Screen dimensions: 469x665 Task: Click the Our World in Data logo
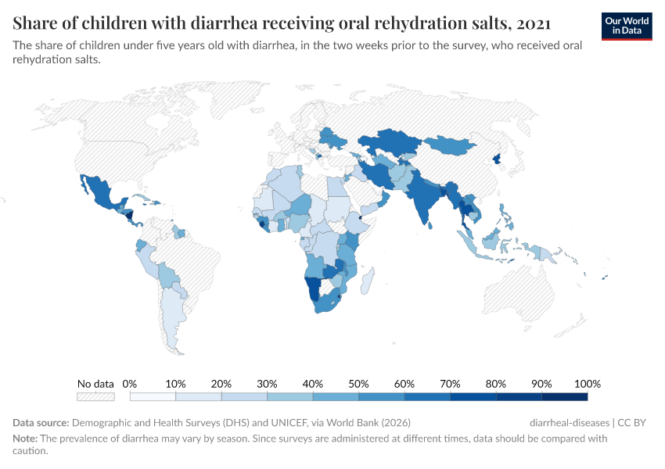pyautogui.click(x=626, y=26)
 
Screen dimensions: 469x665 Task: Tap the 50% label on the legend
pyautogui.click(x=358, y=384)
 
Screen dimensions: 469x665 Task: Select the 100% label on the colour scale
pyautogui.click(x=587, y=384)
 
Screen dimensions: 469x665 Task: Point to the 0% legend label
pyautogui.click(x=130, y=384)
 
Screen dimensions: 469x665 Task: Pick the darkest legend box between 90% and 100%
pyautogui.click(x=564, y=396)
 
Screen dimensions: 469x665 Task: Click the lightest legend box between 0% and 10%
pyautogui.click(x=153, y=396)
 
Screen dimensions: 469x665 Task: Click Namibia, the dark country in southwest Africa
pyautogui.click(x=314, y=290)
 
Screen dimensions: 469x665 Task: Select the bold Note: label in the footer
pyautogui.click(x=26, y=439)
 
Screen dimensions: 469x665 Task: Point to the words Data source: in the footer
pyautogui.click(x=41, y=423)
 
